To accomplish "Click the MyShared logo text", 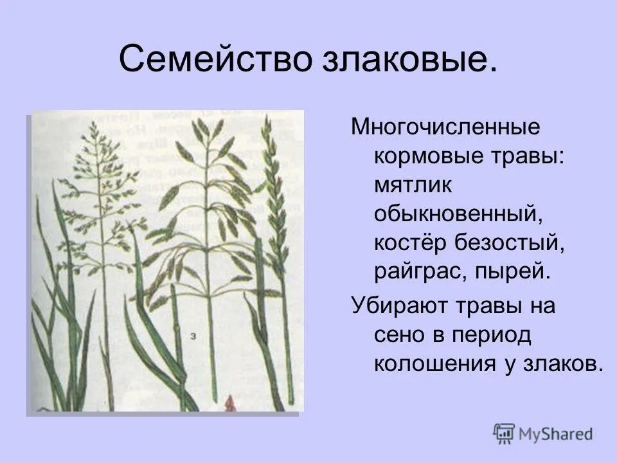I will [x=557, y=434].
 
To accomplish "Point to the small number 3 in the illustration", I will [x=193, y=335].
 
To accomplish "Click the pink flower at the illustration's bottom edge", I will [x=230, y=404].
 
